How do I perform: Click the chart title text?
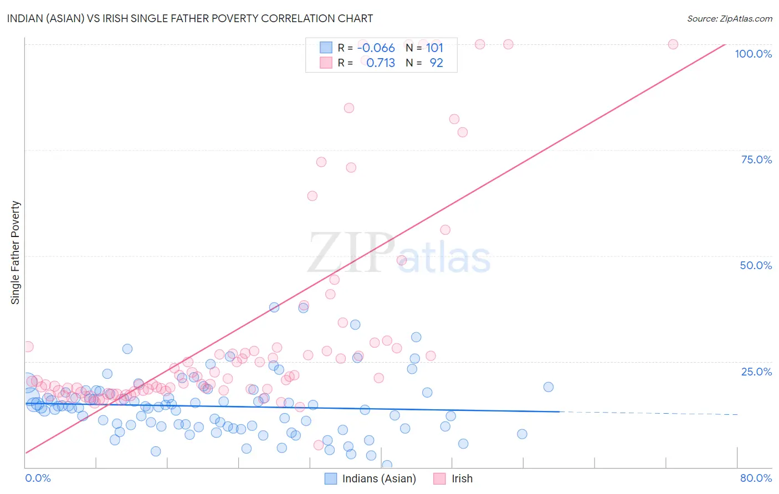tap(190, 18)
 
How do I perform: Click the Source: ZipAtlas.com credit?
tap(729, 18)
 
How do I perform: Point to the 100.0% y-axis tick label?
tap(753, 54)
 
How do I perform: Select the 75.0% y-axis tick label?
tap(756, 159)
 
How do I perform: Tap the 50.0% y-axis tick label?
tap(756, 265)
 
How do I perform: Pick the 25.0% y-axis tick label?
tap(756, 372)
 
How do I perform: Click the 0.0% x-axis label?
tap(38, 478)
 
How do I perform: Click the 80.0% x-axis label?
tap(756, 478)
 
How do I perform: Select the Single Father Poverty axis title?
tap(16, 253)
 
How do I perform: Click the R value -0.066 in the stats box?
tap(376, 48)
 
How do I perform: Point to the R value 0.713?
tap(381, 63)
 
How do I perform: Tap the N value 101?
tap(434, 48)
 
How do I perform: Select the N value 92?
tap(436, 63)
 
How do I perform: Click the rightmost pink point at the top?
tap(673, 44)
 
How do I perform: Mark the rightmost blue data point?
tap(548, 387)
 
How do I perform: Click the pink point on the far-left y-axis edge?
tap(28, 347)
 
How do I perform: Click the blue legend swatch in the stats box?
tap(326, 48)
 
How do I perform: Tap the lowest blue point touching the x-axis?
tap(387, 465)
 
